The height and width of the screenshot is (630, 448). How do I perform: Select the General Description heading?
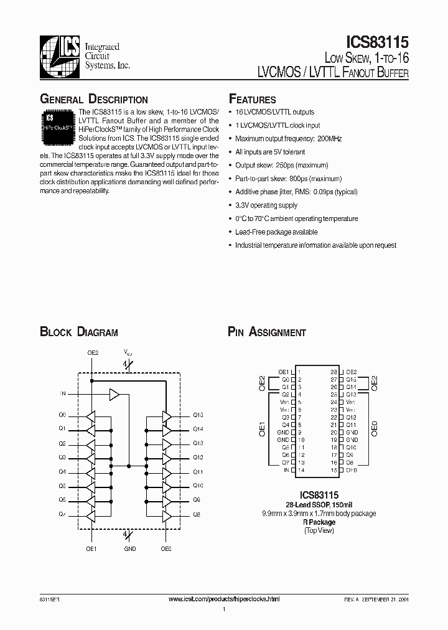94,100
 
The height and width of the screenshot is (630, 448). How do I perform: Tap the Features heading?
253,100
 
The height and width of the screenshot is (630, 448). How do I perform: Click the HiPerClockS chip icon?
58,122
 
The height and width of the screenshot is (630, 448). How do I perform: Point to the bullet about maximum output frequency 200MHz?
288,139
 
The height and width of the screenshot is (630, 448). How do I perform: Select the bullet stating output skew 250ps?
281,166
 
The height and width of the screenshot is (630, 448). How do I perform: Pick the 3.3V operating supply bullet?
266,205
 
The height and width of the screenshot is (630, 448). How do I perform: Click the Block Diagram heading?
79,332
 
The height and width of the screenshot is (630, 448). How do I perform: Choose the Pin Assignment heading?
267,332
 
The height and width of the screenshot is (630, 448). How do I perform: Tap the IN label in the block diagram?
62,394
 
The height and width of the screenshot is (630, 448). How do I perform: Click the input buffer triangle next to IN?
114,394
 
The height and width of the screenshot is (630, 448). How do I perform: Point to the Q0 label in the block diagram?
62,415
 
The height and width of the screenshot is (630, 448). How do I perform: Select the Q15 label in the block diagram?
198,415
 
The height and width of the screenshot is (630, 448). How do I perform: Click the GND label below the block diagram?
129,549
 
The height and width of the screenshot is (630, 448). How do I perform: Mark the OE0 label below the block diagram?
166,549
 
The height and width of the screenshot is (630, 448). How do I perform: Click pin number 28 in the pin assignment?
334,371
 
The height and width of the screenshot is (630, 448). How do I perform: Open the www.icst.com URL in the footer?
225,598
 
